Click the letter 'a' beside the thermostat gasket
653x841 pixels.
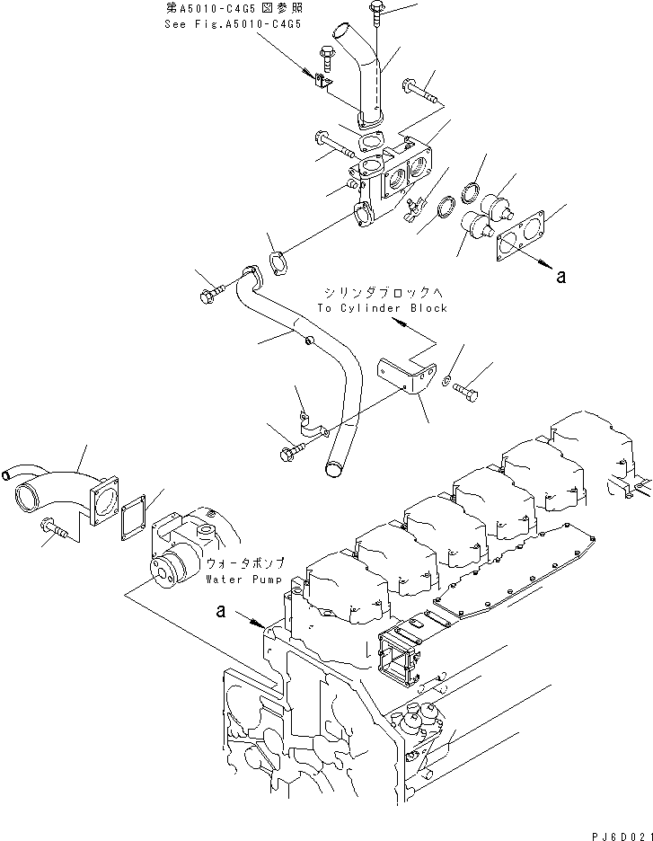coord(560,278)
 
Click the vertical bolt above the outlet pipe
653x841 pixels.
coord(375,19)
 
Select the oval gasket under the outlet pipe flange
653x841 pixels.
coord(370,142)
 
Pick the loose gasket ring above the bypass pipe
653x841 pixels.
coord(279,264)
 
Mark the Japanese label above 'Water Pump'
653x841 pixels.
coord(245,563)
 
